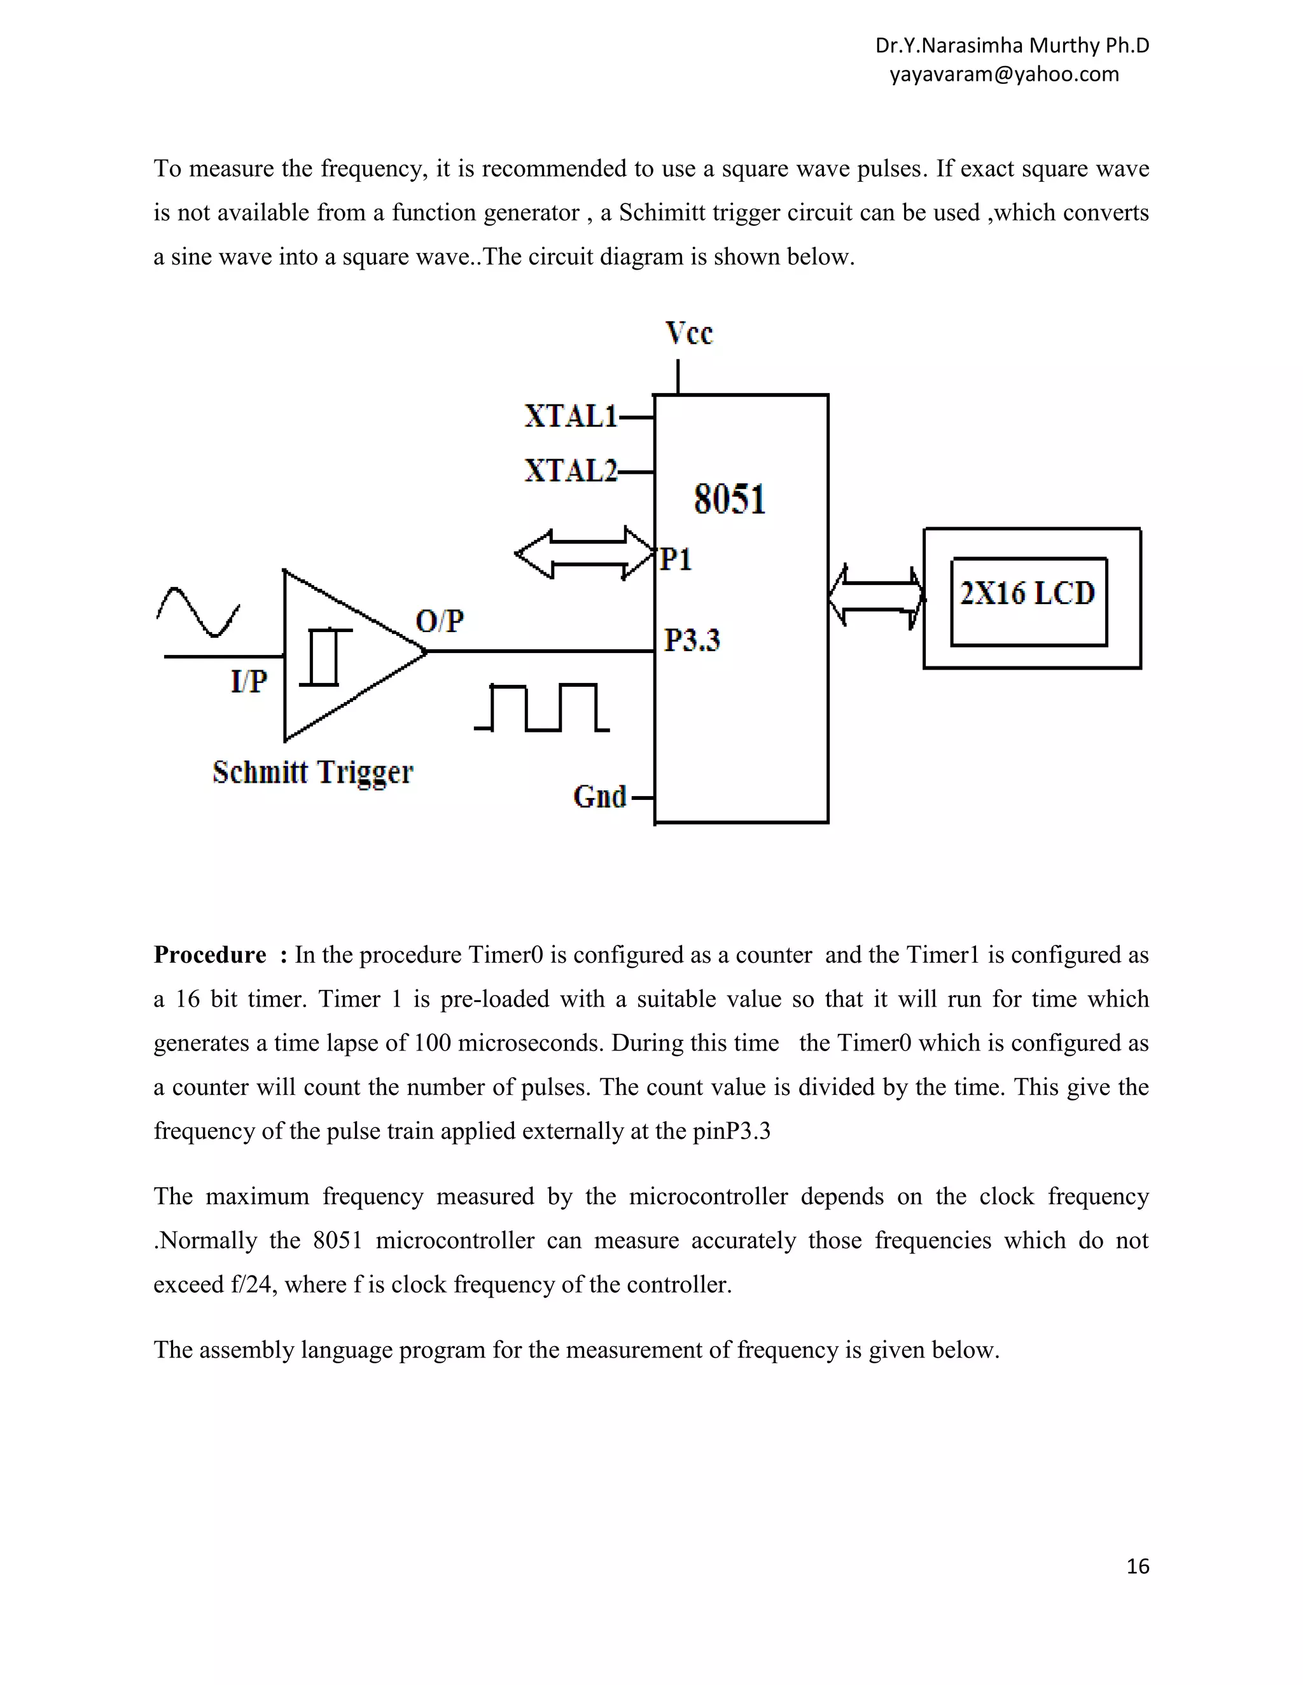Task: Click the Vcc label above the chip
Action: click(688, 333)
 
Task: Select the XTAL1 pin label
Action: click(571, 416)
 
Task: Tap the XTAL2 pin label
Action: click(571, 471)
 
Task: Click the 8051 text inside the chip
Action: click(730, 499)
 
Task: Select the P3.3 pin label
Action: click(692, 640)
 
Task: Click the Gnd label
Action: click(600, 796)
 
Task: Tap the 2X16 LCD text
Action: click(1028, 593)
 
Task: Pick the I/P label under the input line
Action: click(249, 681)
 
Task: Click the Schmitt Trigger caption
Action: click(312, 773)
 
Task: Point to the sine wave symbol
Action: click(199, 612)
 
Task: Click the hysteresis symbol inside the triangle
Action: click(324, 657)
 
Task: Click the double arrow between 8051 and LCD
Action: click(876, 596)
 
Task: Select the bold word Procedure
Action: click(210, 955)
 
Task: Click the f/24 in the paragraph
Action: click(253, 1284)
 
